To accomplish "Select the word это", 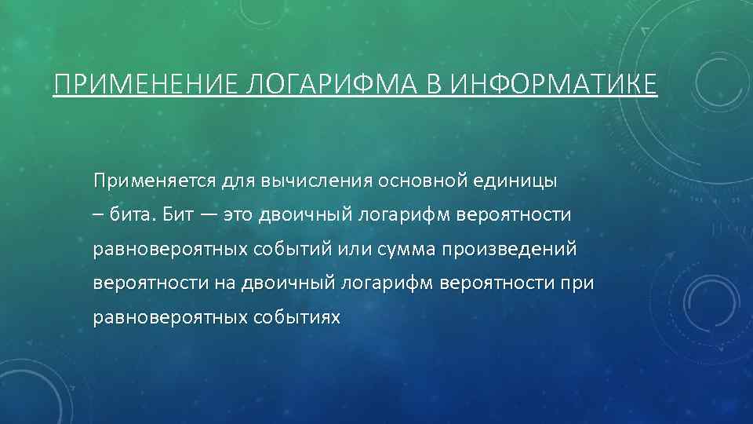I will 240,215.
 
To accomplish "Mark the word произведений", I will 509,249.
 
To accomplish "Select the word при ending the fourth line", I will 577,283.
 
